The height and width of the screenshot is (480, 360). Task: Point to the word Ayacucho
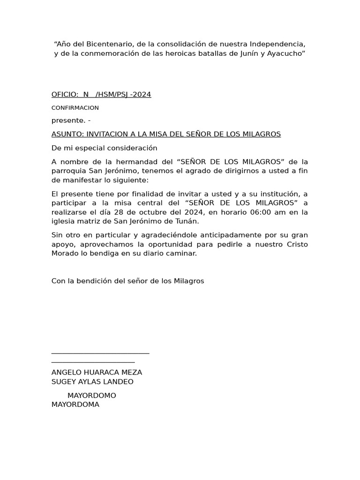click(286, 53)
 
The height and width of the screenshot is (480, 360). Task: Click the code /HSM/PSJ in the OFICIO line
click(112, 95)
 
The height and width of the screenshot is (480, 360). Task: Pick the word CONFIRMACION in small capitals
click(75, 108)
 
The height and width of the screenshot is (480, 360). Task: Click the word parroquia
click(70, 171)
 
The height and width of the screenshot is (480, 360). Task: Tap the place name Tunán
click(188, 221)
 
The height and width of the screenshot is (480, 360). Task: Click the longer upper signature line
click(100, 353)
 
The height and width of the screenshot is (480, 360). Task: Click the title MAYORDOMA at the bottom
click(75, 405)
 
